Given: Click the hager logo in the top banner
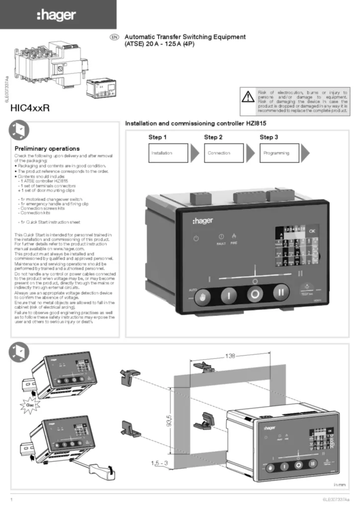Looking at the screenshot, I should point(58,15).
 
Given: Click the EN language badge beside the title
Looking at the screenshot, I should point(113,37).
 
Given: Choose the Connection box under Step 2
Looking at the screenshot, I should point(224,153).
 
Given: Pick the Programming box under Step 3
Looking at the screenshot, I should point(279,153).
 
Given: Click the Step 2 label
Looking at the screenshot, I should point(213,137).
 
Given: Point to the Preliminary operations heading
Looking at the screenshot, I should point(47,149).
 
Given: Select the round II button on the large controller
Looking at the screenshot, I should point(281,292).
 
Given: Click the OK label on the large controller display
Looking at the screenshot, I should point(312,231).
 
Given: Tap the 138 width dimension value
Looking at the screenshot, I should point(230,356).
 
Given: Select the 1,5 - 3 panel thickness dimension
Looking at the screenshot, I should point(160,463).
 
